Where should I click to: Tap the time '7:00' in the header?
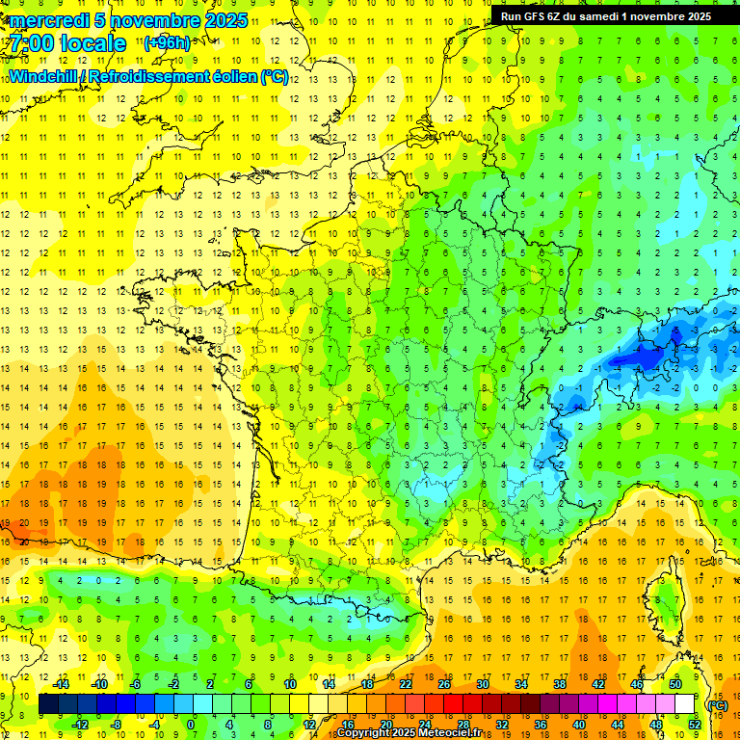coord(36,43)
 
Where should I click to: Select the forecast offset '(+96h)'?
coord(167,43)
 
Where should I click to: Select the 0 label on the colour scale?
coord(191,725)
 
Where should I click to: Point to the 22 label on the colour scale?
coord(406,684)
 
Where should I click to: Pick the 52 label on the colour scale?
coord(695,725)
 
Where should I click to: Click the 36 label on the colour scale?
coord(540,725)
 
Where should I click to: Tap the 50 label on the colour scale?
coord(675,684)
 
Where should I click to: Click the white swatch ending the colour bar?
coord(684,704)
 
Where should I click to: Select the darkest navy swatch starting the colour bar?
coord(49,704)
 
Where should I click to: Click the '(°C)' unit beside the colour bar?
coord(717,704)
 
